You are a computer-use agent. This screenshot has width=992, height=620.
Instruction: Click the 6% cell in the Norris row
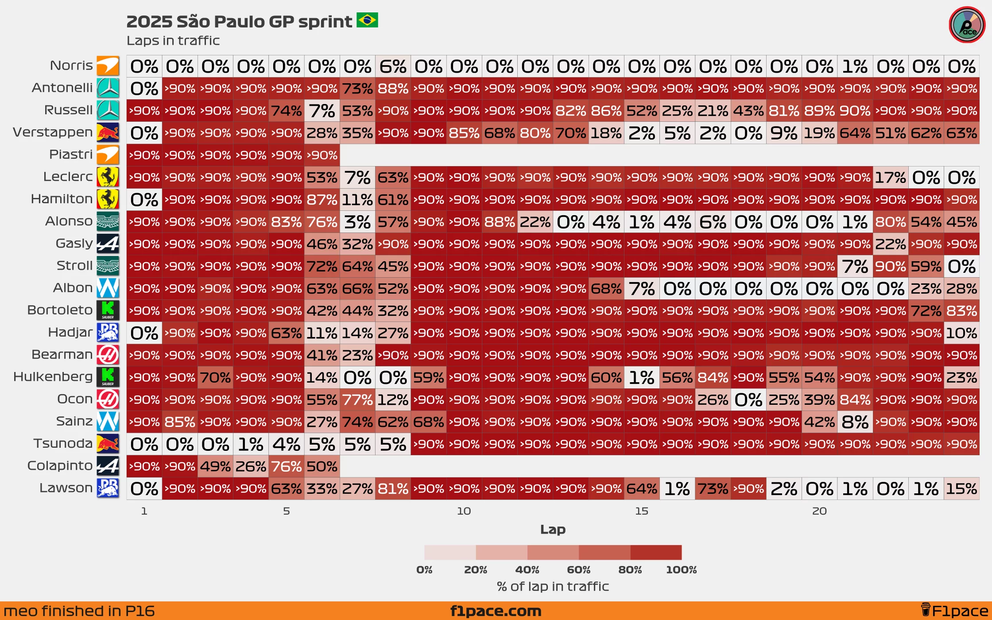(x=393, y=66)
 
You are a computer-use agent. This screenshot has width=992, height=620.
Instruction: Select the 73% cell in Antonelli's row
(x=357, y=89)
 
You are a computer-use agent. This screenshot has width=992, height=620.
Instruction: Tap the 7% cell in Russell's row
(x=322, y=111)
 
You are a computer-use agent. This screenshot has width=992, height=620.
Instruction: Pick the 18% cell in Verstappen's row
(x=606, y=133)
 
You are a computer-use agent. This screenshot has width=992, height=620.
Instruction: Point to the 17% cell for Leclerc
(x=891, y=178)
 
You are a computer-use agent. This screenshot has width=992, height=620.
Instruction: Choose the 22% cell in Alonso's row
(x=535, y=222)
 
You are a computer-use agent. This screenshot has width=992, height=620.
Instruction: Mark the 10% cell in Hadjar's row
(x=961, y=333)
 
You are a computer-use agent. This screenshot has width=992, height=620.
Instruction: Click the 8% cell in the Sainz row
(x=855, y=422)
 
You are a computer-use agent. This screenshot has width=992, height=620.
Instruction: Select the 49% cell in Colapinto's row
(x=215, y=466)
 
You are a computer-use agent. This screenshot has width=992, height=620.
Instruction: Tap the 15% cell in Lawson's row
(x=961, y=488)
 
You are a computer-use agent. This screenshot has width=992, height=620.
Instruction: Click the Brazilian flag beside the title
(x=367, y=20)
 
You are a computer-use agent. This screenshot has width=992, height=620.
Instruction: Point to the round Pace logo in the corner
(x=967, y=25)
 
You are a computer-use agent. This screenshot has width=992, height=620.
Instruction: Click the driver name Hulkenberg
(x=53, y=377)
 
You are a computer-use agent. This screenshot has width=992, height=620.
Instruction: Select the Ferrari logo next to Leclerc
(x=108, y=177)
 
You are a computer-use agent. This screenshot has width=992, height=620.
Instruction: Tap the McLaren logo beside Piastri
(x=108, y=155)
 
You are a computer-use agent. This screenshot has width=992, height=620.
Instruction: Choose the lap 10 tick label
(x=464, y=511)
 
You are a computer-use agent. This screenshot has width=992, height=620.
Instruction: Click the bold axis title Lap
(x=553, y=529)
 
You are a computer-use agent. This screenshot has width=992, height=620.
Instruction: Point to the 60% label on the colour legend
(x=578, y=570)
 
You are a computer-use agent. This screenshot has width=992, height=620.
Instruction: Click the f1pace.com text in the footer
(x=496, y=611)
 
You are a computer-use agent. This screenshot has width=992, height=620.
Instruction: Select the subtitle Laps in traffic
(x=173, y=41)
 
